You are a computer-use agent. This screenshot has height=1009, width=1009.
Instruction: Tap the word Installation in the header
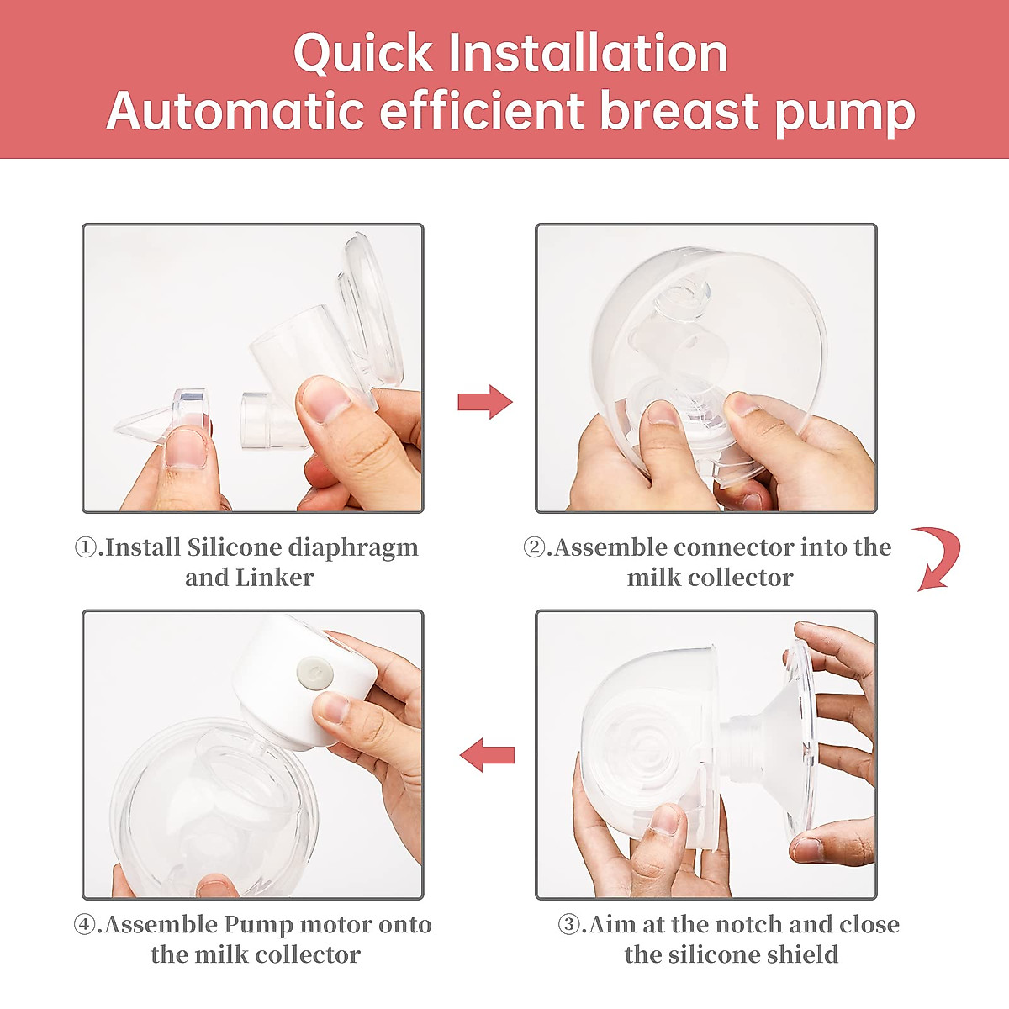click(x=588, y=52)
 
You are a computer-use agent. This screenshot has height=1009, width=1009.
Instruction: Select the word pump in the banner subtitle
click(x=845, y=114)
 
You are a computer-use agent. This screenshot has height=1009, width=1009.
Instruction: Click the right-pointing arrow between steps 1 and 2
click(x=485, y=402)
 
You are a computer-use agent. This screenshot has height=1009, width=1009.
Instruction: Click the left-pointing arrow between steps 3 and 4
click(x=487, y=754)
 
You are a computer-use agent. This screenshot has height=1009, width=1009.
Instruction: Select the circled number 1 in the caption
click(x=86, y=547)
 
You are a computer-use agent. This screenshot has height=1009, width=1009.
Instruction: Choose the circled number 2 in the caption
click(x=535, y=547)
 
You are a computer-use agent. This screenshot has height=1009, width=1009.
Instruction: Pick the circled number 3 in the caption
click(x=569, y=925)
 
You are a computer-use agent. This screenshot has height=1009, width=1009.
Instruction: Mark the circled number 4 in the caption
click(x=84, y=925)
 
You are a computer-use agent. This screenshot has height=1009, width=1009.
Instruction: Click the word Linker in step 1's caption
click(x=274, y=578)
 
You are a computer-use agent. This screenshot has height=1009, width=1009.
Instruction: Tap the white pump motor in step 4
click(x=304, y=681)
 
